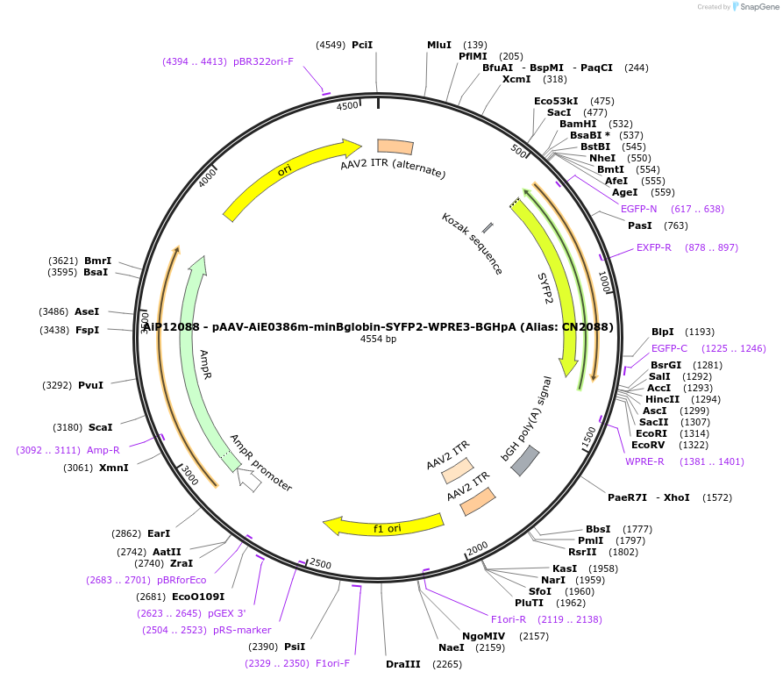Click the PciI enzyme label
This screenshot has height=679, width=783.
click(361, 45)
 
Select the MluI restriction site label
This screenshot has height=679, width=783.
click(439, 45)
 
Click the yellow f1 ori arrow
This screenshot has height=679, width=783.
click(386, 526)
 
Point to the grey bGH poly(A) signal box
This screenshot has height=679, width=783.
click(524, 460)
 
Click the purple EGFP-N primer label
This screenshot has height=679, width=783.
click(638, 209)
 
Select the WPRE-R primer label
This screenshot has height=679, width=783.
click(644, 461)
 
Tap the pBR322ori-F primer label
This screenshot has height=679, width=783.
click(263, 61)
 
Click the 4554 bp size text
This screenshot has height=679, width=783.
click(378, 339)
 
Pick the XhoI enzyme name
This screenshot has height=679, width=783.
click(677, 497)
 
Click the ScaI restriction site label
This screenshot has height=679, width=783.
click(100, 427)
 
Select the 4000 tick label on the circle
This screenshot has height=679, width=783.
click(207, 178)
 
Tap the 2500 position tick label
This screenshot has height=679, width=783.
click(320, 563)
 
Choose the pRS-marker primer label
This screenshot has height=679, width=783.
click(242, 630)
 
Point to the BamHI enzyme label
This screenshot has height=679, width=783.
click(578, 124)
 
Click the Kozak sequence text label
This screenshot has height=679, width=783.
click(472, 244)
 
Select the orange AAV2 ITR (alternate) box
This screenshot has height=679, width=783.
click(395, 147)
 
